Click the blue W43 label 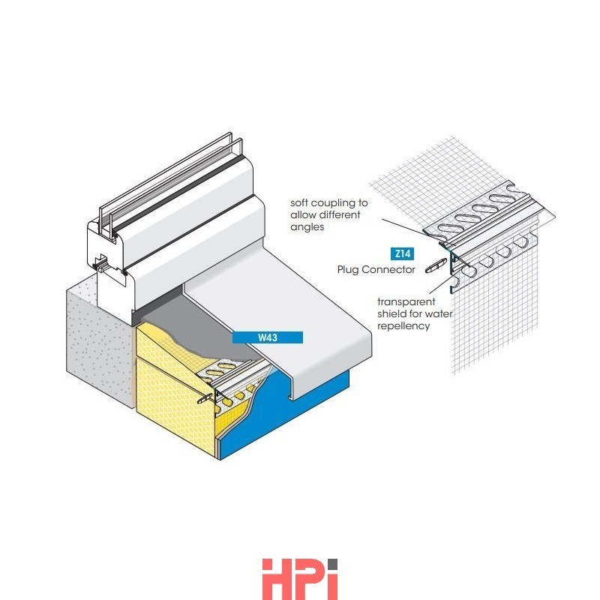pos(268,337)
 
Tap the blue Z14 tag pos(403,253)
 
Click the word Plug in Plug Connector pos(348,269)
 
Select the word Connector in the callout pos(388,269)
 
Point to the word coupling pos(335,203)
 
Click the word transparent pos(406,301)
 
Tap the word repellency pos(403,326)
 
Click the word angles pos(307,227)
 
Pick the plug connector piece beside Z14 pos(436,265)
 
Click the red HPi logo pos(300,579)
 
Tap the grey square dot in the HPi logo pos(332,565)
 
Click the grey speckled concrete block pos(97,344)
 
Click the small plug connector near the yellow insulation pos(205,398)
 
